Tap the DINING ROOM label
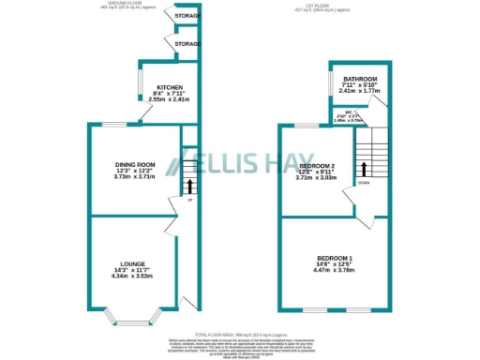click(x=134, y=165)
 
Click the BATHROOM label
click(x=359, y=79)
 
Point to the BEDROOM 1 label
click(x=334, y=257)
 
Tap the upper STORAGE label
click(x=187, y=15)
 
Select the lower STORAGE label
click(x=187, y=44)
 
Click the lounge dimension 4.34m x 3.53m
click(x=131, y=277)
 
